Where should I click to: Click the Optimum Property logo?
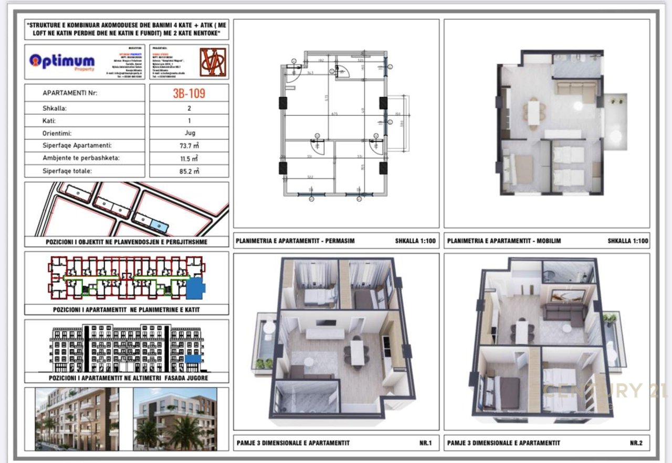[x=62, y=61]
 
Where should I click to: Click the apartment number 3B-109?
[x=189, y=93]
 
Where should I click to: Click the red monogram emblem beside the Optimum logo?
[x=213, y=62]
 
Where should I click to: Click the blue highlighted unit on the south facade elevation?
[x=193, y=359]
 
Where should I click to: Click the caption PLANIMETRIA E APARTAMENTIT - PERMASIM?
[x=296, y=241]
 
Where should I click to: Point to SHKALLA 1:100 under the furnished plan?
[x=628, y=241]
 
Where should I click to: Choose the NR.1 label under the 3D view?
[x=425, y=443]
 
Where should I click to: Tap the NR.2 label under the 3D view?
[x=636, y=443]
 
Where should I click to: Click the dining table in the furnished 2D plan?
[x=534, y=112]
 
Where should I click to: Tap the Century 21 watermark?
[x=604, y=391]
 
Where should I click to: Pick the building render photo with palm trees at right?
[x=175, y=419]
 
